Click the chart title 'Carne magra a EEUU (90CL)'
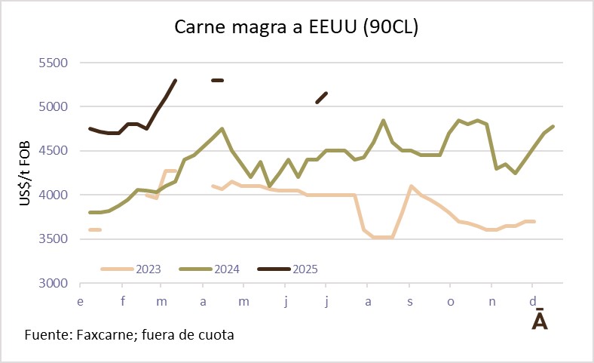[296, 27]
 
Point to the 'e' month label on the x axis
[80, 300]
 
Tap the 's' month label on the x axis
[409, 300]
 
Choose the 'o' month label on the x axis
[451, 300]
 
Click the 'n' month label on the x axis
[492, 300]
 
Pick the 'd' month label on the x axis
[533, 300]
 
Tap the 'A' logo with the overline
[540, 319]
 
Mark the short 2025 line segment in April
[218, 80]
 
